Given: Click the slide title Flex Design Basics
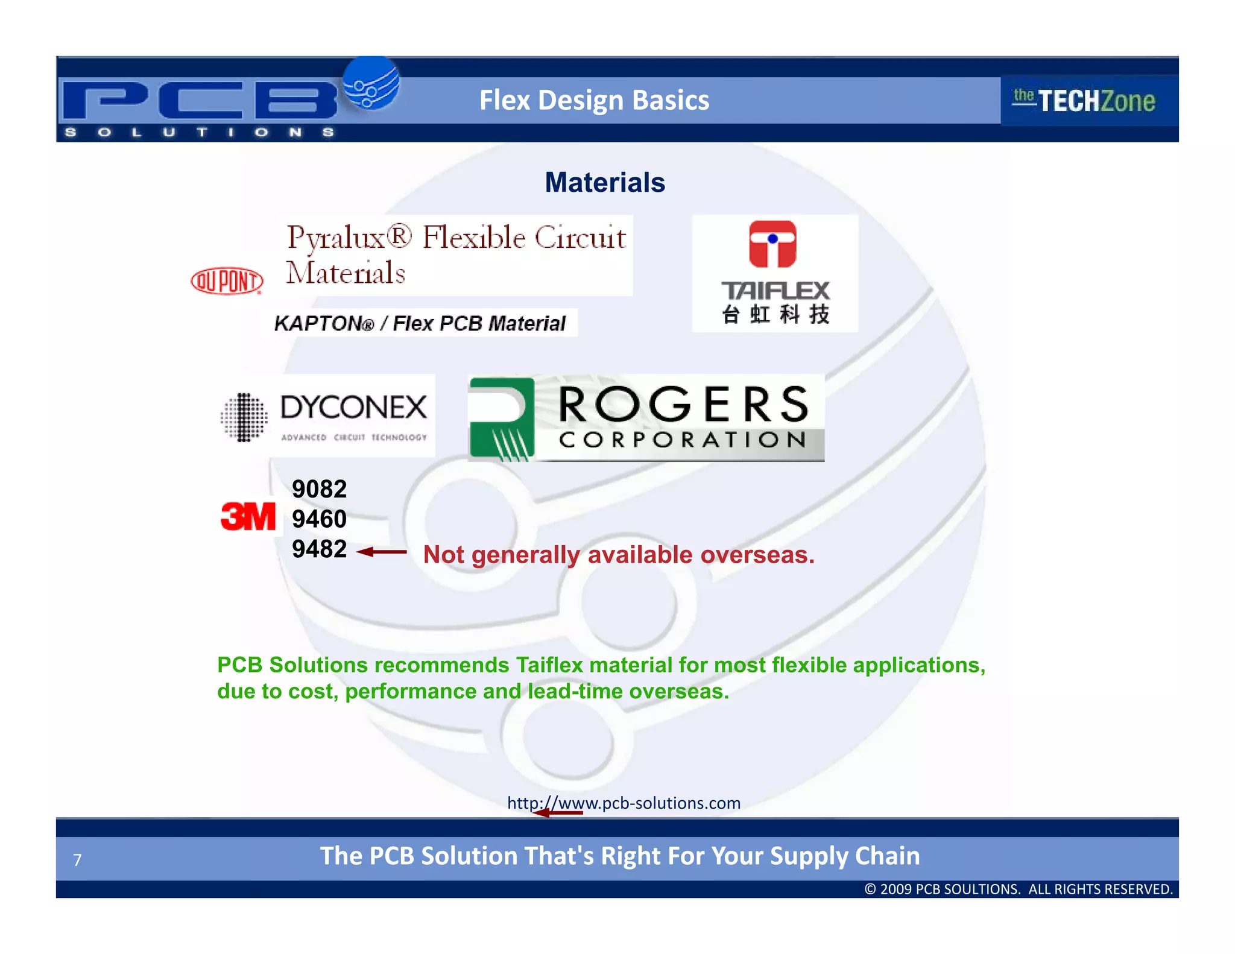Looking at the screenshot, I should click(x=594, y=100).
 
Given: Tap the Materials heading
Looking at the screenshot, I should click(x=605, y=182).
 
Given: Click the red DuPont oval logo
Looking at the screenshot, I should click(x=227, y=281).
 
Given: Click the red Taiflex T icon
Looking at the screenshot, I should click(x=772, y=244).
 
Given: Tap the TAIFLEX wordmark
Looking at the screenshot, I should click(x=775, y=291).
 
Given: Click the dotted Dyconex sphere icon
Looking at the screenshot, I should click(x=244, y=417).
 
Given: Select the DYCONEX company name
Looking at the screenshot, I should click(x=353, y=408).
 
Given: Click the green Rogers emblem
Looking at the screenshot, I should click(x=502, y=419).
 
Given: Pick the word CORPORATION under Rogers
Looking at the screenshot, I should click(x=683, y=440).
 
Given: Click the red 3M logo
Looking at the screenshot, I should click(x=248, y=517).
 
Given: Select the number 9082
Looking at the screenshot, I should click(x=319, y=489).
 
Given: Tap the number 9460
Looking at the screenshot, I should click(x=319, y=519).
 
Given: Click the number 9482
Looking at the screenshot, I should click(x=319, y=549).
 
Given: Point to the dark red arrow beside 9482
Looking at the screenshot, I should click(x=382, y=552).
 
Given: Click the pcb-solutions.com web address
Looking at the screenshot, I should click(x=624, y=803).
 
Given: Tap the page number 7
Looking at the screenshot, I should click(x=77, y=860).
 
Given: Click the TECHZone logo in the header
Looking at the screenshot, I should click(x=1084, y=101).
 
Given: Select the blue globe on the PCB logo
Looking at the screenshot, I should click(x=371, y=84).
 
